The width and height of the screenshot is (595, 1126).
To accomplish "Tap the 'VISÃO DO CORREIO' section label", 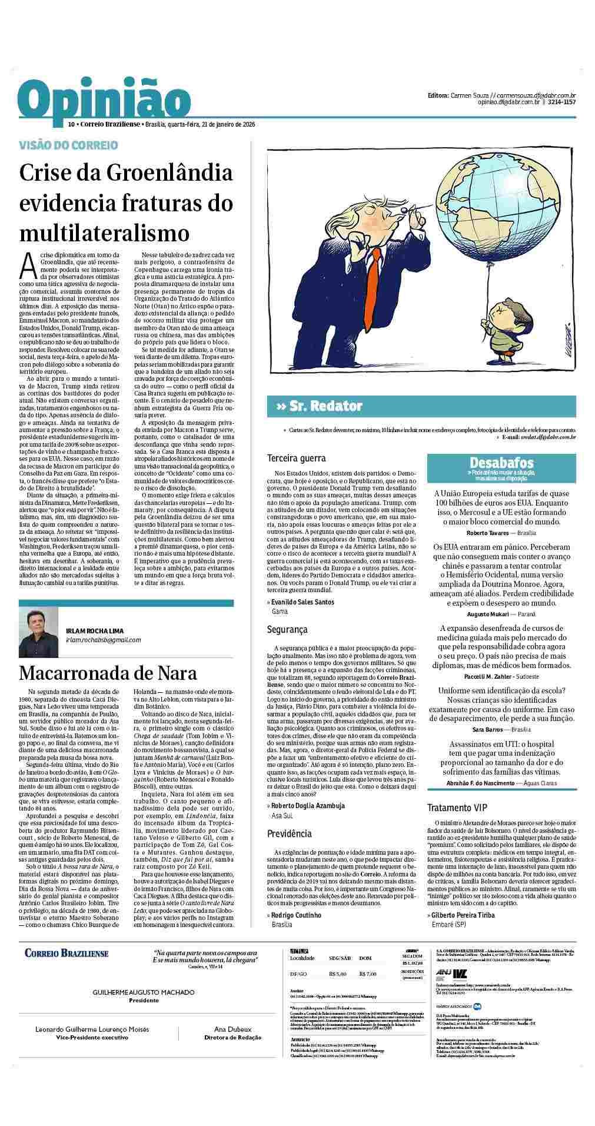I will point(68,145).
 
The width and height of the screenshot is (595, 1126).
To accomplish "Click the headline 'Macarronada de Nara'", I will point(108,673).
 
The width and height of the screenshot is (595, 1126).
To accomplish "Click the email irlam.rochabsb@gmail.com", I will point(103,640).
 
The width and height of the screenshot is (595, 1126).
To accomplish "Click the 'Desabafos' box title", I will point(501,463).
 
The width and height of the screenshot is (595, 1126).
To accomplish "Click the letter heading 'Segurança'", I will point(287,629).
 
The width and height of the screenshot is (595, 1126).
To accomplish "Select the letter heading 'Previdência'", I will point(289,833).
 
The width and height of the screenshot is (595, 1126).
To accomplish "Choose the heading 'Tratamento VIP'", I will point(457,808).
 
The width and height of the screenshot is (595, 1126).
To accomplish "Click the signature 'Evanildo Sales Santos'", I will point(303,602).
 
